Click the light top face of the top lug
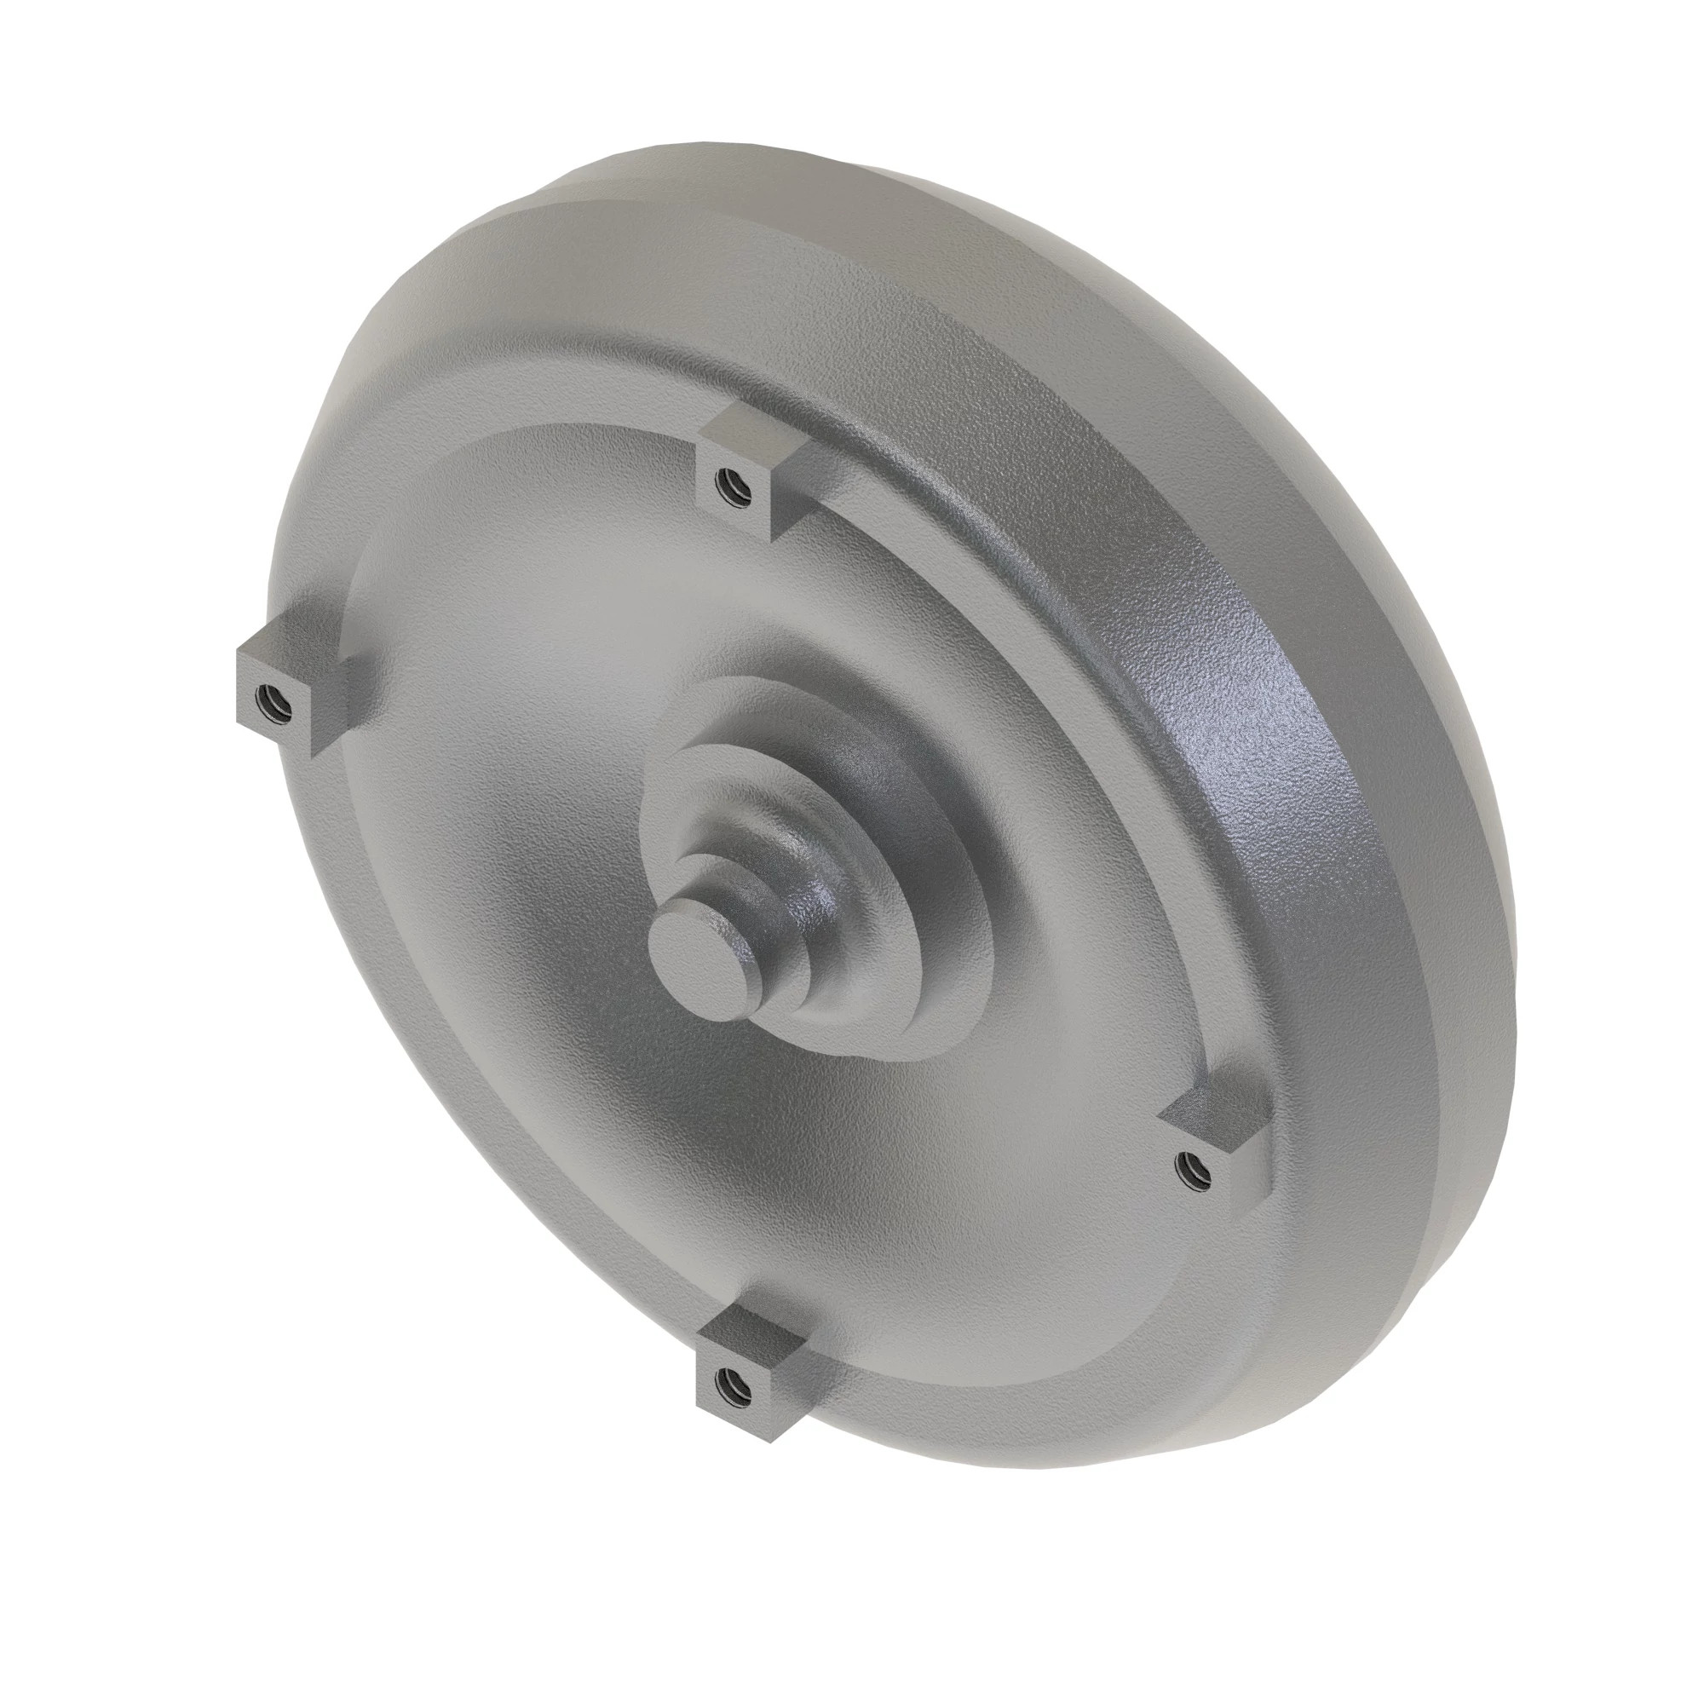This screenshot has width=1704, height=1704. coord(750,430)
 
